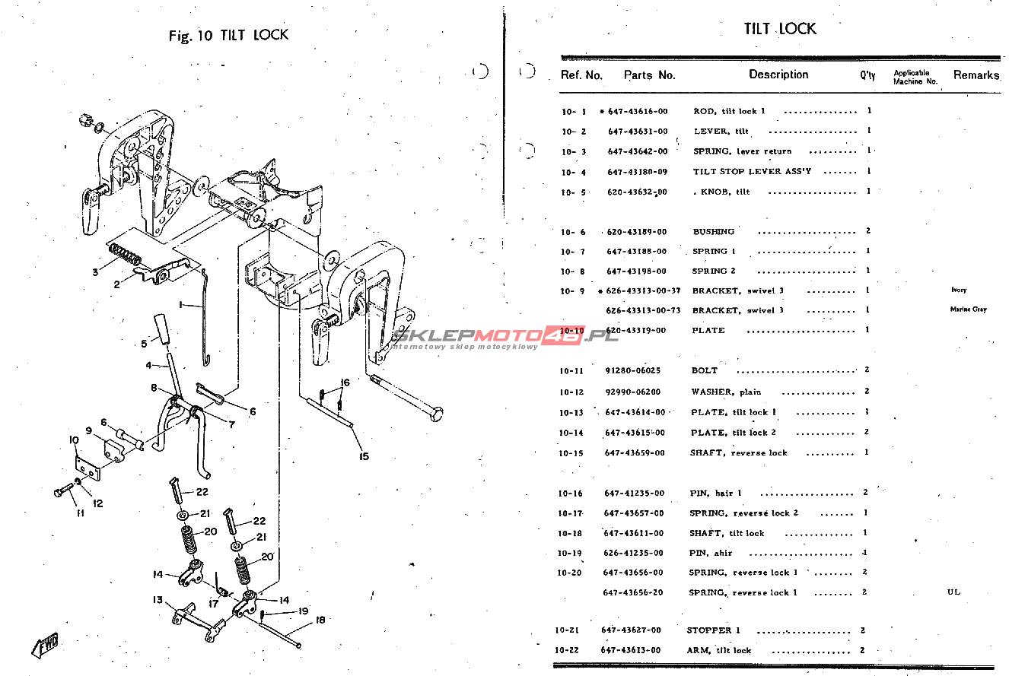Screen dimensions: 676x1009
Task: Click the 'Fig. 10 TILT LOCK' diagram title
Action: click(x=228, y=35)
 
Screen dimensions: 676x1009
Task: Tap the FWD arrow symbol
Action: click(x=45, y=644)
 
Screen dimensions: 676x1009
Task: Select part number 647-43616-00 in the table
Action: click(x=637, y=111)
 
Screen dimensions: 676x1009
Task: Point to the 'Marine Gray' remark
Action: click(x=968, y=309)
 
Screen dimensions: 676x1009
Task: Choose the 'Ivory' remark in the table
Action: click(x=959, y=290)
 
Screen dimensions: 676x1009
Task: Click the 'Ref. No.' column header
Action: click(x=581, y=75)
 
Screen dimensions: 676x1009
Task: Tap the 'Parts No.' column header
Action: click(x=649, y=75)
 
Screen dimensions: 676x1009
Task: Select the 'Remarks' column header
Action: click(x=976, y=75)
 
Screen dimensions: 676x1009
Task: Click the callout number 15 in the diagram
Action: click(x=364, y=456)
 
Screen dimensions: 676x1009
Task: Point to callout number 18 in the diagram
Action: click(x=320, y=620)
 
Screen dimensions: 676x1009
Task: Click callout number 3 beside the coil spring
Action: click(x=95, y=271)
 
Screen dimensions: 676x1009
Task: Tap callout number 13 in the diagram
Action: click(x=158, y=600)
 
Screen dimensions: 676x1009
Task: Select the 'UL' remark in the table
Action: click(x=953, y=592)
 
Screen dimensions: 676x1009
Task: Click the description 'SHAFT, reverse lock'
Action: click(x=738, y=452)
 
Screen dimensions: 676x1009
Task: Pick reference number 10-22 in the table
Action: click(x=569, y=650)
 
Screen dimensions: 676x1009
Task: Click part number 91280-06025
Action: click(x=633, y=371)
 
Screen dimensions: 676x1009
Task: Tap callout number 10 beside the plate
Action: click(x=74, y=440)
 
